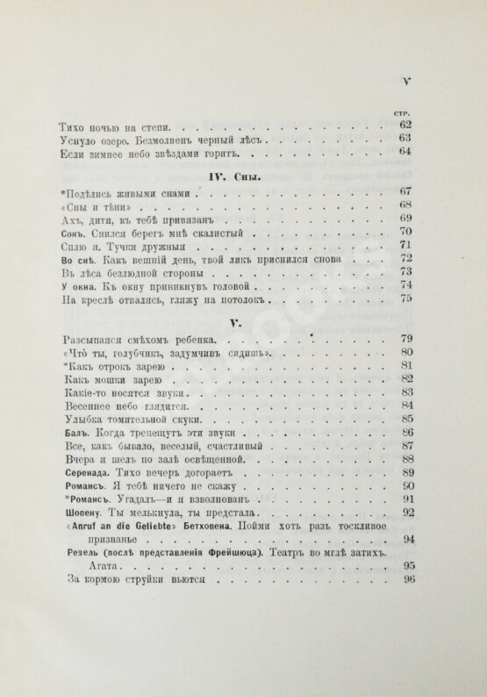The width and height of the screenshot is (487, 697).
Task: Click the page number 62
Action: click(x=405, y=125)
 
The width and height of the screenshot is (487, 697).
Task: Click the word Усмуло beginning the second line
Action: click(x=85, y=140)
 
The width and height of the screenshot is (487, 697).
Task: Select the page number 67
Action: click(x=405, y=192)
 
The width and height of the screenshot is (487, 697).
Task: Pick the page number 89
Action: click(x=406, y=472)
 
